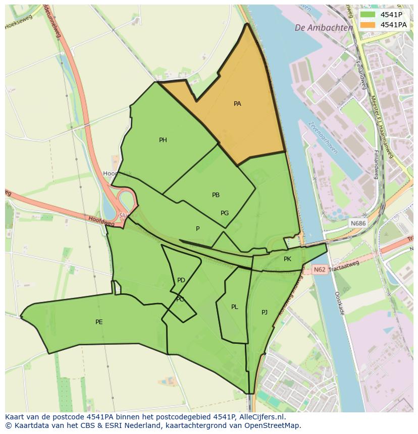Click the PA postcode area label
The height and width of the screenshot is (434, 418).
point(237,104)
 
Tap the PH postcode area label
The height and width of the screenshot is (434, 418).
point(163,140)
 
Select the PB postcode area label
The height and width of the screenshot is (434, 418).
point(216,195)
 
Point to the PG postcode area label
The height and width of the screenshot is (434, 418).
point(225,213)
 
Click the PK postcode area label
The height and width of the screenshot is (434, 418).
point(287,259)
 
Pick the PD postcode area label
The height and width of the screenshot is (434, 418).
point(181,280)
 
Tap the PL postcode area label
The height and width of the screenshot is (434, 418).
point(234,307)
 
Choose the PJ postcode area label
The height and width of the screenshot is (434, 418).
point(265,313)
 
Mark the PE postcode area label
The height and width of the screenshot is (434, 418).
point(99,322)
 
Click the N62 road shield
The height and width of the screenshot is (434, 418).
point(320,270)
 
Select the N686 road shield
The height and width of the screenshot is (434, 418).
point(357,223)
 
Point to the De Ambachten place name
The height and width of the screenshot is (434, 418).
point(324,28)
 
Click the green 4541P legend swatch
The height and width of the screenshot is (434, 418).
point(368,15)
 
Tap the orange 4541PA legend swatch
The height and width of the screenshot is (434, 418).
point(368,25)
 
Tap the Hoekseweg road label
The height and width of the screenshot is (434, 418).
point(19,22)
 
